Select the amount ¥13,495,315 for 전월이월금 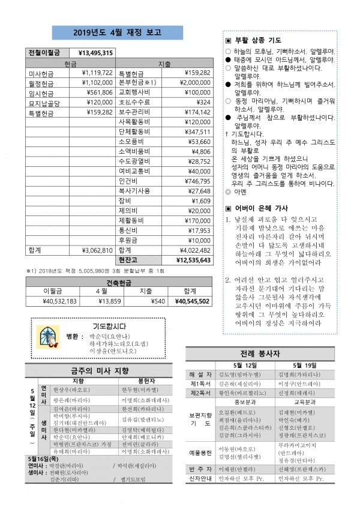pyautogui.click(x=95, y=53)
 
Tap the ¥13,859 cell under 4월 pyautogui.click(x=99, y=301)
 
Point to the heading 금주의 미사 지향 pyautogui.click(x=100, y=370)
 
